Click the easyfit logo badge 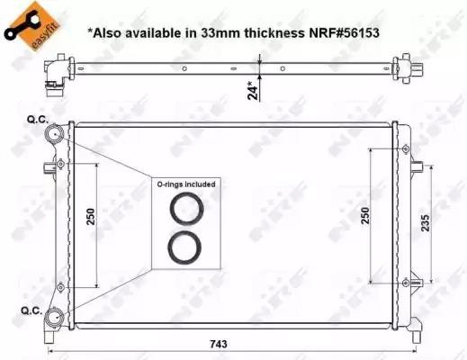coord(32,26)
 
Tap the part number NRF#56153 coord(344,33)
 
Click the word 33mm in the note coord(220,33)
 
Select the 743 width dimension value coord(219,344)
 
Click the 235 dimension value coord(426,222)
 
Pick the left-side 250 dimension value coord(91,216)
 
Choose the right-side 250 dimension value coord(365,215)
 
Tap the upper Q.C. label coord(38,120)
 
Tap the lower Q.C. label coord(31,310)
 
